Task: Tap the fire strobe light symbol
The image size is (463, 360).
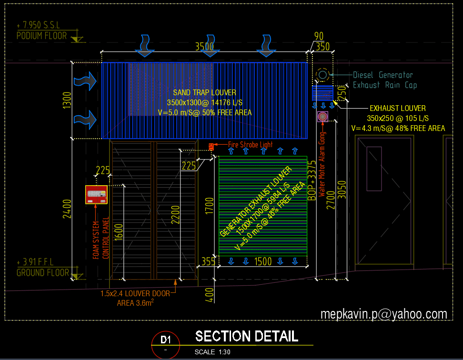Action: coord(211,146)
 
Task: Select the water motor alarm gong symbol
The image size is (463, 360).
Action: coord(322,117)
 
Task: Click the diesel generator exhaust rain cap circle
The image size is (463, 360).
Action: coord(322,75)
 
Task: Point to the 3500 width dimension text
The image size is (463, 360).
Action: coord(204,47)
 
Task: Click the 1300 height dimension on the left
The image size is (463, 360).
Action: coord(67,100)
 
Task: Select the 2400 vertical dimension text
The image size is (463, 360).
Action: coord(67,208)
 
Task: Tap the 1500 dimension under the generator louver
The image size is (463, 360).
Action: coord(263,261)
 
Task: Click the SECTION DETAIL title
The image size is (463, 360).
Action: coord(246,336)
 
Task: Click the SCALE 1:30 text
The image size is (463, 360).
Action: coord(212,352)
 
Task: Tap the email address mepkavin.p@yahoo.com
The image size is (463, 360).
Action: coord(384,314)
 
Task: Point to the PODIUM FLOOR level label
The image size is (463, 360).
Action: coord(42,36)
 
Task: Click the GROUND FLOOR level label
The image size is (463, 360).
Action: coord(43,273)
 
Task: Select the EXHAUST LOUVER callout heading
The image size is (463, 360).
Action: coord(398,109)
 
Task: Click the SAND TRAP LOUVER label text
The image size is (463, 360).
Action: coord(204,93)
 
